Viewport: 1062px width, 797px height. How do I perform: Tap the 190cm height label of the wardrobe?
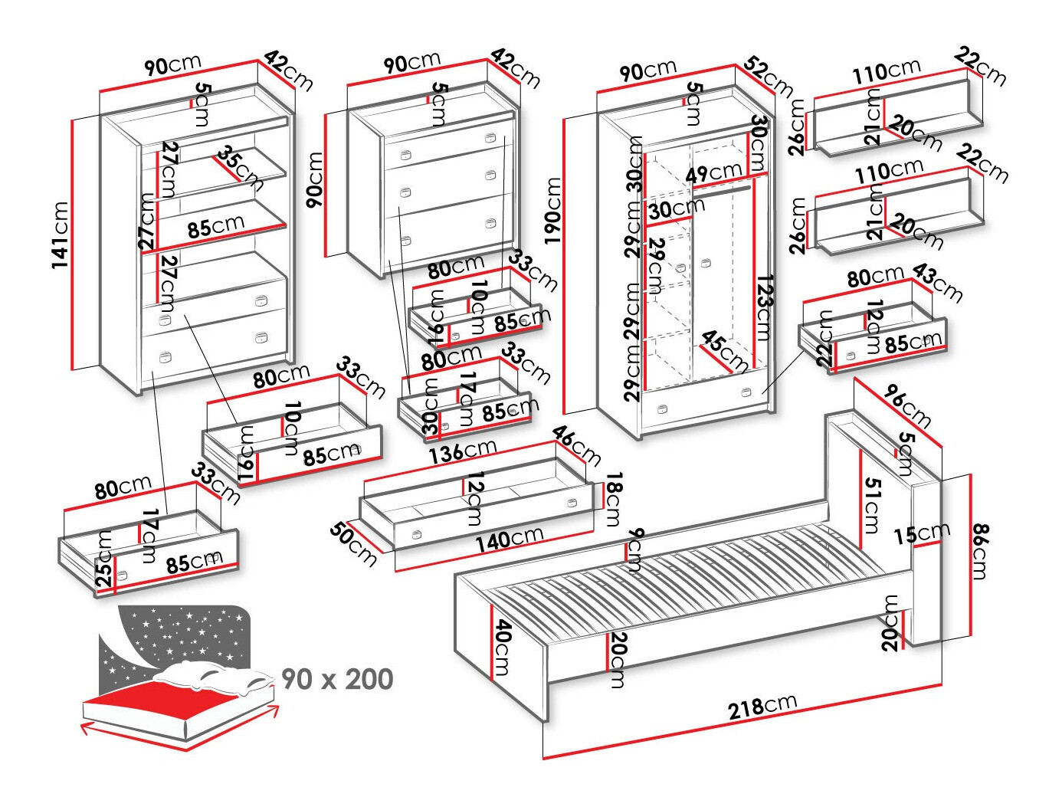(x=553, y=210)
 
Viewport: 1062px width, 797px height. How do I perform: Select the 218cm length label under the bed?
(x=762, y=704)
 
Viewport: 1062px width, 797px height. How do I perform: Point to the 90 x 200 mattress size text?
(x=337, y=679)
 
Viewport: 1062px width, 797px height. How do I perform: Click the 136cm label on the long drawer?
(x=462, y=450)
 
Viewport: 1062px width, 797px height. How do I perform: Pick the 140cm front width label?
(x=509, y=539)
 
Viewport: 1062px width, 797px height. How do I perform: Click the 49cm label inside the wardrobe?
(x=713, y=172)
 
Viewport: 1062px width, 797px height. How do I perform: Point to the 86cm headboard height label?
(x=980, y=551)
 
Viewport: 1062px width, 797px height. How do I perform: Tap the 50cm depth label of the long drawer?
(x=353, y=543)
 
